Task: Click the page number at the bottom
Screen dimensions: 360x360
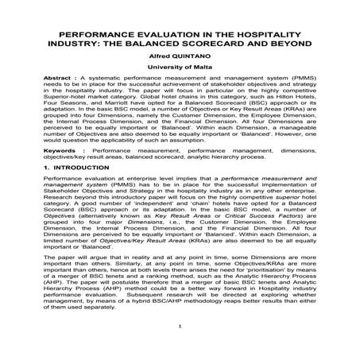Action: pyautogui.click(x=180, y=347)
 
